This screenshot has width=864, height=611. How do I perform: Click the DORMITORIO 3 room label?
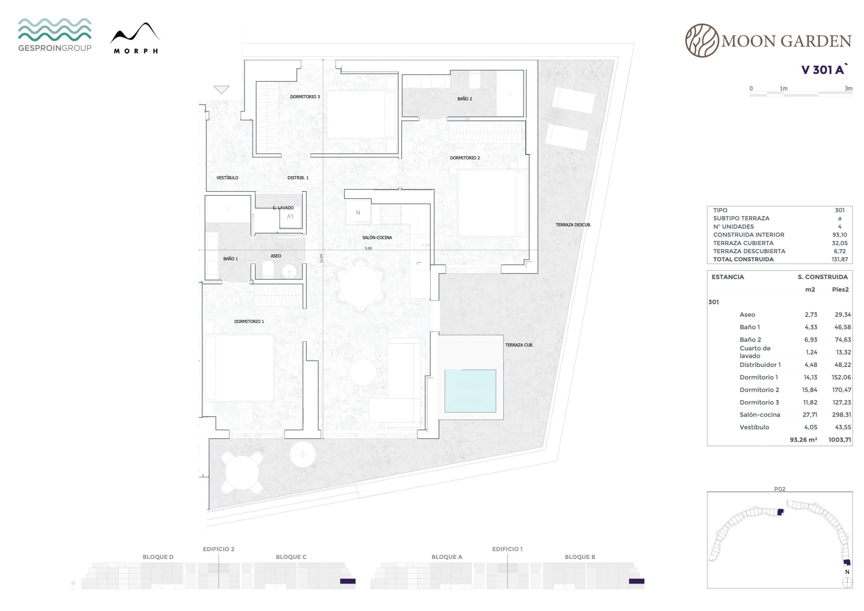click(x=305, y=97)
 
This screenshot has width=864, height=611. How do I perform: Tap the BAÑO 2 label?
click(x=464, y=99)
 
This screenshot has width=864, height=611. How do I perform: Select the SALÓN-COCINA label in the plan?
click(x=377, y=238)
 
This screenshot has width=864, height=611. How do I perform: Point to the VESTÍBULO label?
click(x=227, y=178)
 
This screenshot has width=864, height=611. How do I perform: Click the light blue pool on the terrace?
click(x=470, y=391)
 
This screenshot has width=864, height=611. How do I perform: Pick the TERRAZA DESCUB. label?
click(x=573, y=225)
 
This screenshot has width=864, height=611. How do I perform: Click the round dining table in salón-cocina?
click(x=360, y=285)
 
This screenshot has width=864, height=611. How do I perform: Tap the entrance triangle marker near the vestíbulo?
click(x=221, y=89)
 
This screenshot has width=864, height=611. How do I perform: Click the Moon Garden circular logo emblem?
click(x=702, y=41)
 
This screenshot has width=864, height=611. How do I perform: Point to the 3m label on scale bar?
click(x=848, y=88)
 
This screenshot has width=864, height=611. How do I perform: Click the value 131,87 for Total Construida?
click(x=840, y=259)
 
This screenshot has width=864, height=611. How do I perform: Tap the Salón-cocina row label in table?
click(x=759, y=415)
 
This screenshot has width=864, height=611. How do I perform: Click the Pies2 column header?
click(x=840, y=290)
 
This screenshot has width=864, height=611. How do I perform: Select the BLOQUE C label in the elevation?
click(x=291, y=557)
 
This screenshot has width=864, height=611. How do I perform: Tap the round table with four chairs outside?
click(x=242, y=473)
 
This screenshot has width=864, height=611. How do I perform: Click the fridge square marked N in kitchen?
click(x=358, y=213)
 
